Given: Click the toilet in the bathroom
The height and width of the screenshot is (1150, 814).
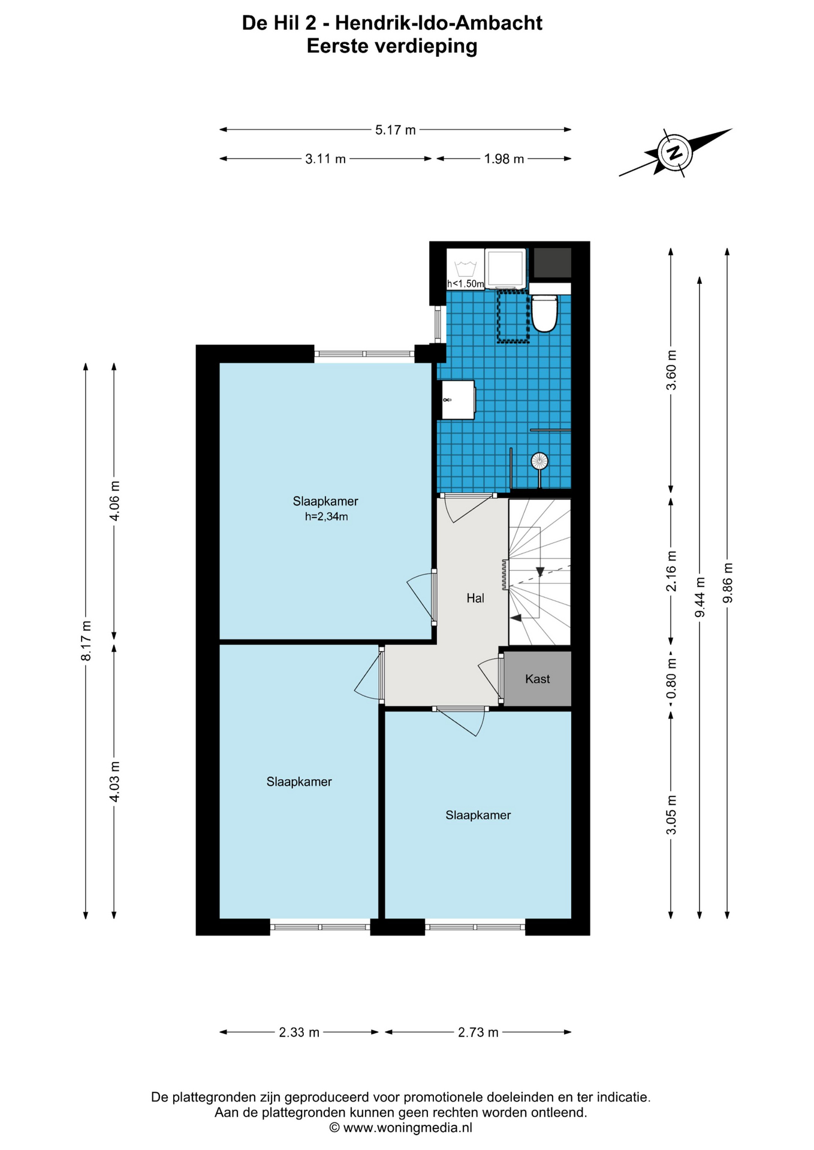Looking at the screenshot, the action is coord(544,312).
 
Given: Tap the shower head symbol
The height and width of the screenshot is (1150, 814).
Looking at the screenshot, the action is coord(539,461).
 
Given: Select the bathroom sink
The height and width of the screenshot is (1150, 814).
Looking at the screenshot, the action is coord(458,400).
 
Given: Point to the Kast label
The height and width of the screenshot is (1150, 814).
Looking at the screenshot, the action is coord(537,679).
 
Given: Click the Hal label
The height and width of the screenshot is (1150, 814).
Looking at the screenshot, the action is coord(475,598).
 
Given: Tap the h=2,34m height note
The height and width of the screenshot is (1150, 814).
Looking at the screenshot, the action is coord(326,516).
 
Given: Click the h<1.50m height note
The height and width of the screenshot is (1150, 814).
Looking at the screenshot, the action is coord(465,284).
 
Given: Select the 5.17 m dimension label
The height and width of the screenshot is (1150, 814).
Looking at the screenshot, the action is coord(396,129).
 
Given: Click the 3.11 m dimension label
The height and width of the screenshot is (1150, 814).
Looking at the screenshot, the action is coord(325,159).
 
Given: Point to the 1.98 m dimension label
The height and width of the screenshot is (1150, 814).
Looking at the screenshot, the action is coord(504,159).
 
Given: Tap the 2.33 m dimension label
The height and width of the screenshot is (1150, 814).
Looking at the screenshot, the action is coord(299,1032).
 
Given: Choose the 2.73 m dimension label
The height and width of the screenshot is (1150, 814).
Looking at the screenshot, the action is coord(478,1032).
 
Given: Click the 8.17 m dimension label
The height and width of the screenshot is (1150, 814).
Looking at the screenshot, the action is coord(86,641).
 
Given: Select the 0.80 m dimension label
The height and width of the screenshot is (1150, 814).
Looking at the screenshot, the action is coord(671,679).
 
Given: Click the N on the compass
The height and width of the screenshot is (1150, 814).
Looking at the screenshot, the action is coord(675,152).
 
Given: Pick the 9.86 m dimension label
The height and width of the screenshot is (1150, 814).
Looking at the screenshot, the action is coord(728,583).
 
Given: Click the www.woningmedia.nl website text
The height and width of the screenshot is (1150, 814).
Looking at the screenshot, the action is coord(408,1127).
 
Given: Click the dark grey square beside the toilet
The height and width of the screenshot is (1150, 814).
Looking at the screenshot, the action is coord(552,263).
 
